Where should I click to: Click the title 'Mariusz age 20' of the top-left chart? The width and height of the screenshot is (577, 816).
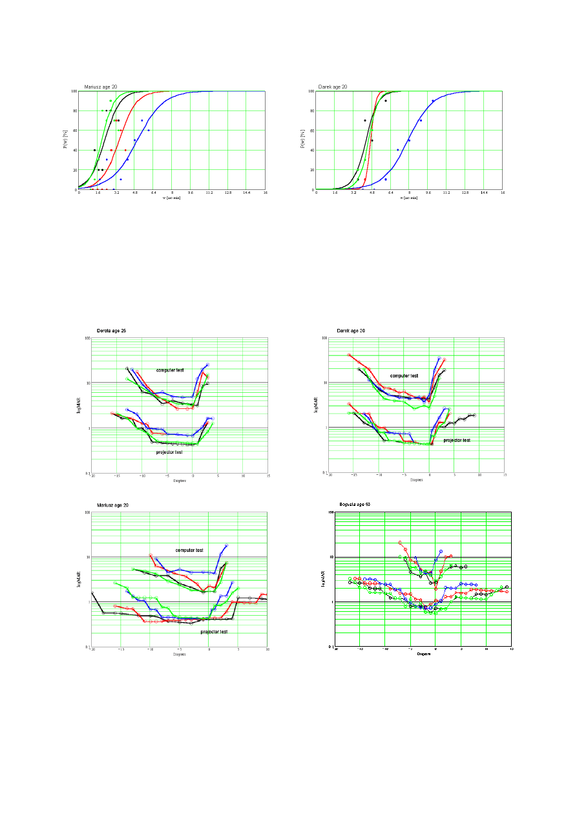[x=100, y=87]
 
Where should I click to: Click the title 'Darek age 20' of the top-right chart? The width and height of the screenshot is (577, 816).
[x=333, y=87]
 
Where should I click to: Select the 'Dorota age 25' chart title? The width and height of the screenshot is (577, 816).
[x=111, y=331]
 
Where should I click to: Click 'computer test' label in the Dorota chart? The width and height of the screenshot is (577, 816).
[x=170, y=370]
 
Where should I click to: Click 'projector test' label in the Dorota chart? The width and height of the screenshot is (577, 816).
[x=169, y=452]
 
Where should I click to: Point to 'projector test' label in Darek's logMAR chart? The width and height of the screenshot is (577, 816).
[x=457, y=440]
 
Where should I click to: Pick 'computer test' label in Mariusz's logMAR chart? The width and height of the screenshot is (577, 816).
[x=189, y=550]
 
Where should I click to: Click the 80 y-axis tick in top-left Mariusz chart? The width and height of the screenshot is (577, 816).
[x=74, y=110]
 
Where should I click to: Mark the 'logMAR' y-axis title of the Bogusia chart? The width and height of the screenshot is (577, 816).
[x=322, y=579]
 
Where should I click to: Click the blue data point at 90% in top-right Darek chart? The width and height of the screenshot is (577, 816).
[x=433, y=101]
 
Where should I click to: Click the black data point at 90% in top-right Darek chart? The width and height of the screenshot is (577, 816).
[x=386, y=101]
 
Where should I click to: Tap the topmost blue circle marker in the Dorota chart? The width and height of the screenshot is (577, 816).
[x=207, y=364]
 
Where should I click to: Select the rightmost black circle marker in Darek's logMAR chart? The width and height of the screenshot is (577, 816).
[x=474, y=415]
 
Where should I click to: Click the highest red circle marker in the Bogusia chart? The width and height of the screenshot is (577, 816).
[x=401, y=543]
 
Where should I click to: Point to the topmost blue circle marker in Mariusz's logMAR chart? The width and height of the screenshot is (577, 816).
[x=226, y=545]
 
